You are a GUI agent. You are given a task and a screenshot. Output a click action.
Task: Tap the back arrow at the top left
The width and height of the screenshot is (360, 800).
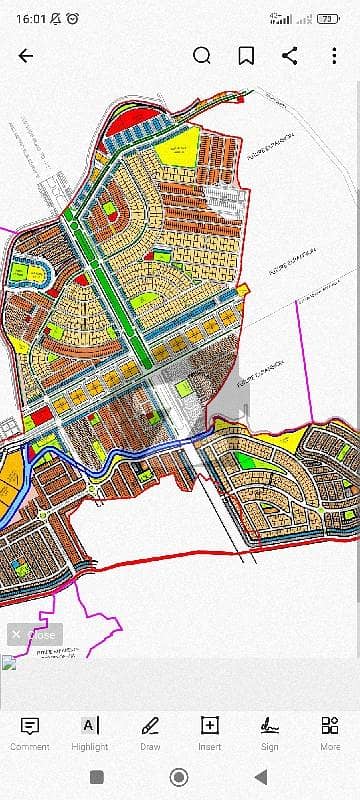(x=26, y=56)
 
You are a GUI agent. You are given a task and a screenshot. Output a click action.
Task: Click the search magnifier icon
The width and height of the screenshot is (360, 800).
(x=202, y=56)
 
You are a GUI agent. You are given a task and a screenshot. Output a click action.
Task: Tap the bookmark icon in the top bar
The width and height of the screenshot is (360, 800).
(x=246, y=56)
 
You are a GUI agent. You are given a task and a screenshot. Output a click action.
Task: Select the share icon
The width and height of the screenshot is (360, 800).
(x=290, y=56)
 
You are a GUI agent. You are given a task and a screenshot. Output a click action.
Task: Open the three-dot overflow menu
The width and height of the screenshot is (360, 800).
(x=334, y=56)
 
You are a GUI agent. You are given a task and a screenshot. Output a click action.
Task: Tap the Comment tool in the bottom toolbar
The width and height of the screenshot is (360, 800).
(x=30, y=733)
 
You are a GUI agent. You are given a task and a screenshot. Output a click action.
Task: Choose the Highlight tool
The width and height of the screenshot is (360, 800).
(x=90, y=733)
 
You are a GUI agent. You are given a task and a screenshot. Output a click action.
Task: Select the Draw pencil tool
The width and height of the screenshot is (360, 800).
(x=150, y=733)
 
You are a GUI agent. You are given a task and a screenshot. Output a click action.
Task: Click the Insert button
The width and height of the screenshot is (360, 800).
(x=210, y=733)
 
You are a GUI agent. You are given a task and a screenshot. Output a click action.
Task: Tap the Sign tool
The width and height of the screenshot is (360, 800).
(x=270, y=733)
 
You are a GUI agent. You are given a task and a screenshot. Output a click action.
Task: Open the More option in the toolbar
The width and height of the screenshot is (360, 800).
(x=330, y=733)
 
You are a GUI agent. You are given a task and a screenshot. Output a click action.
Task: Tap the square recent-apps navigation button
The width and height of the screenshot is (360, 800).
(x=97, y=777)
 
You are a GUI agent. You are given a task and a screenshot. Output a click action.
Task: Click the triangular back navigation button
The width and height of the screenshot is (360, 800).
(x=261, y=777)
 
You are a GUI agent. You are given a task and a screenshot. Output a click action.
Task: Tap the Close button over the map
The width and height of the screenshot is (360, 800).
(x=35, y=634)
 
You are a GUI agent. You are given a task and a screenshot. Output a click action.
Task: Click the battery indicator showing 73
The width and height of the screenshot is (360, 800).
(x=328, y=19)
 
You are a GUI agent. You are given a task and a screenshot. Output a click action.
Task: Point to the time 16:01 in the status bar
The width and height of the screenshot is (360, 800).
(x=20, y=19)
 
